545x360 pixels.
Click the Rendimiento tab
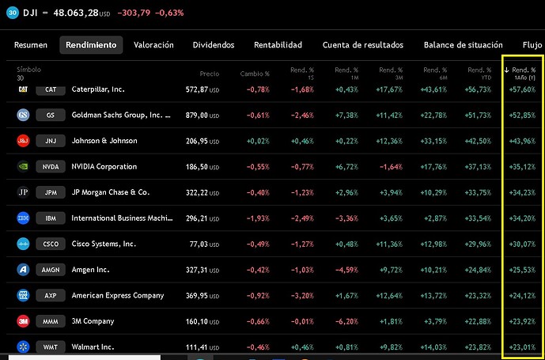tap(91, 45)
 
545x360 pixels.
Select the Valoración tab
tap(153, 45)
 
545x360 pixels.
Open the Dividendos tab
tap(214, 45)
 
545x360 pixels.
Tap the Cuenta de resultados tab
tap(363, 45)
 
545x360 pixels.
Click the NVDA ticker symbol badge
tap(51, 167)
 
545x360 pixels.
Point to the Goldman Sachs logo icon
tap(23, 116)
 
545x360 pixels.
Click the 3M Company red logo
tap(23, 321)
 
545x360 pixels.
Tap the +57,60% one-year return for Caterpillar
tap(522, 90)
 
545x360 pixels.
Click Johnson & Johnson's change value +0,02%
tap(258, 141)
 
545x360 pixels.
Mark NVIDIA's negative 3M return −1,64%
tap(391, 167)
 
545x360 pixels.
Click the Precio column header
tap(210, 74)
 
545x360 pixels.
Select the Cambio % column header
tap(255, 74)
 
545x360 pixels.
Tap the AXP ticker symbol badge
tap(51, 296)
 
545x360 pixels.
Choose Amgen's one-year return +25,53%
tap(522, 270)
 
